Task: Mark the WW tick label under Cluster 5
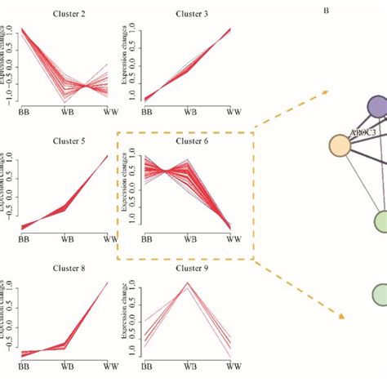tap(109, 239)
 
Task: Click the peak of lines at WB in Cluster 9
tap(189, 283)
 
